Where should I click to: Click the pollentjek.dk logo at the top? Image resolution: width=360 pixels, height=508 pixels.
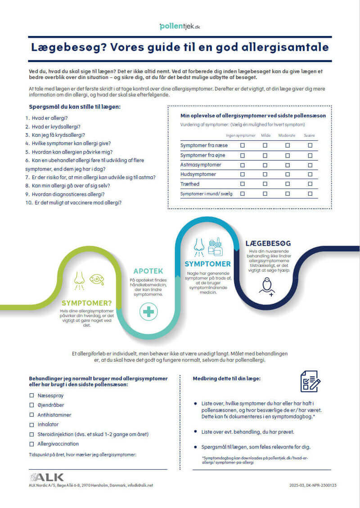click(x=180, y=27)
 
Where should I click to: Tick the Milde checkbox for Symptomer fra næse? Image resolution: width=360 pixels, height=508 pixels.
click(x=265, y=145)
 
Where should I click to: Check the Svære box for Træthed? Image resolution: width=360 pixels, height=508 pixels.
click(x=310, y=184)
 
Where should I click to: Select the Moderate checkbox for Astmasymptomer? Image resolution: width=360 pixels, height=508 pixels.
click(x=288, y=165)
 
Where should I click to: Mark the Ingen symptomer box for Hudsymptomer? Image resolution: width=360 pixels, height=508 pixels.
click(x=243, y=174)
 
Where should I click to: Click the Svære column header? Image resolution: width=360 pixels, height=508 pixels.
click(x=309, y=135)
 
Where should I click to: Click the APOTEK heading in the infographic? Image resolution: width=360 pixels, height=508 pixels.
click(x=148, y=271)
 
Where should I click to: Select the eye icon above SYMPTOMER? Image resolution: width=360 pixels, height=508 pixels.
click(x=97, y=279)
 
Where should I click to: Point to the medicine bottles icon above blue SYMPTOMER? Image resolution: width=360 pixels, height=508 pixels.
click(x=215, y=247)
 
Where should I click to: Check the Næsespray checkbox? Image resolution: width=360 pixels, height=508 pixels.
click(x=32, y=395)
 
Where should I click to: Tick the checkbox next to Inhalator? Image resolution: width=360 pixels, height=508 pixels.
click(x=32, y=424)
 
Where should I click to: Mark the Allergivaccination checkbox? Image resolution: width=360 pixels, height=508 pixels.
click(x=32, y=444)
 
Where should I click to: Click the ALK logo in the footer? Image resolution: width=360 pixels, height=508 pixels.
click(x=46, y=477)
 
